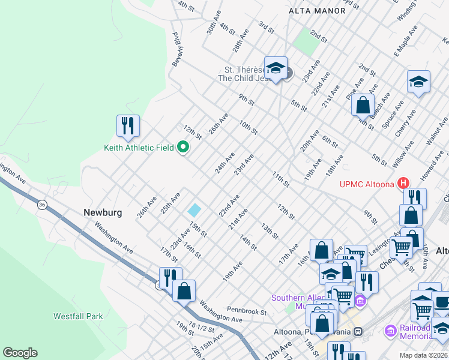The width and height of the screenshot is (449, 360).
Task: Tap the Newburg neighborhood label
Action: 103,212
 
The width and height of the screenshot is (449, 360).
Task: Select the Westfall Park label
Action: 78,316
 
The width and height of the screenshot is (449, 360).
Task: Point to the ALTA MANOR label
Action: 310,11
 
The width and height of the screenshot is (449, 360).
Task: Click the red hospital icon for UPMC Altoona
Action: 404,183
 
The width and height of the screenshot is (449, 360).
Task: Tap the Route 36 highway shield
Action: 41,205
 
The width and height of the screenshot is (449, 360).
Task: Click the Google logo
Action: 20,352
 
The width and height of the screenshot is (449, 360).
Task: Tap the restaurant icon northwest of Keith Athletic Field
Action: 128,125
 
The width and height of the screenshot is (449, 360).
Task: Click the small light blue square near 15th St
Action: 194,210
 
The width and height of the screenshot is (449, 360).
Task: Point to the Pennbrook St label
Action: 247,311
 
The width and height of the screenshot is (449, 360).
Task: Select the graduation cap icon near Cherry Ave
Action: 418,82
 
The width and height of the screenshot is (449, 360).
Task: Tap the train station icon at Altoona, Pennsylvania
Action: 358,331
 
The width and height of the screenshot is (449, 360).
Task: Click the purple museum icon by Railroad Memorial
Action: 390,330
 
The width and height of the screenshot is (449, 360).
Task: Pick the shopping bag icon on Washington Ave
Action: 184,290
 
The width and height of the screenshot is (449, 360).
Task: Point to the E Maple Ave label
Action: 406,41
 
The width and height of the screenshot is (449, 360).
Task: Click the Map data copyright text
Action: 423,355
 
